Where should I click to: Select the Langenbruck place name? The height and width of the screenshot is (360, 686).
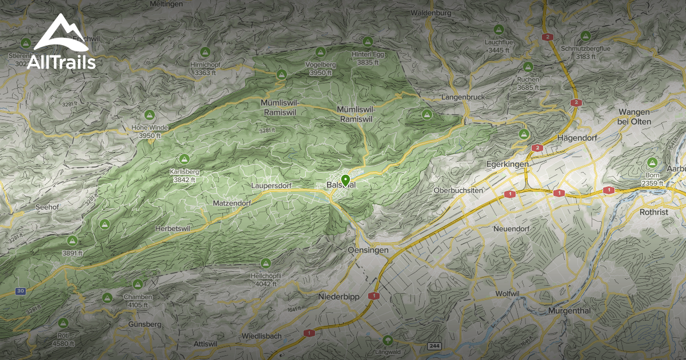462,97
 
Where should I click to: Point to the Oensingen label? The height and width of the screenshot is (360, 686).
368,250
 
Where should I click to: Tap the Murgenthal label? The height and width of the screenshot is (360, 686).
568,311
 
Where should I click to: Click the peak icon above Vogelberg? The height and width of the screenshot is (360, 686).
281,75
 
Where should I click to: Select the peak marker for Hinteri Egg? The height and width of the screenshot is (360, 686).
368,41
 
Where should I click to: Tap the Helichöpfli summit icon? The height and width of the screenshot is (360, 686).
265,263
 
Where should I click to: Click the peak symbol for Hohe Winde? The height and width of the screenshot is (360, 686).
150,114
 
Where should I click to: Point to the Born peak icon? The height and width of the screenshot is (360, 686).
652,162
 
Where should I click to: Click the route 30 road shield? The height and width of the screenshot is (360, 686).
21,291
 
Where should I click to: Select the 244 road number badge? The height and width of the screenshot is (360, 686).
434,347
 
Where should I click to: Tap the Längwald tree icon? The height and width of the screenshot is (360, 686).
388,340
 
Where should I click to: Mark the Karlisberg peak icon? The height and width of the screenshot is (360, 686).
184,158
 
